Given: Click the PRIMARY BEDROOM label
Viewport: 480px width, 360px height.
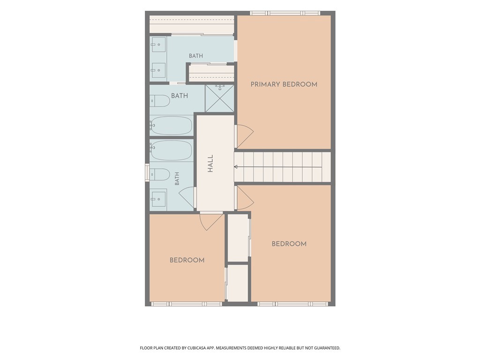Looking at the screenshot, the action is (284, 84).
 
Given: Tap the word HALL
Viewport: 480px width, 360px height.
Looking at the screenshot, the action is (210, 164).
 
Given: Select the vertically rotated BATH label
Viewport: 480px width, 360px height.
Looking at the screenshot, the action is (177, 179).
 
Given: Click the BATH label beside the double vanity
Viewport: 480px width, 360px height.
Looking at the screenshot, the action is (195, 56).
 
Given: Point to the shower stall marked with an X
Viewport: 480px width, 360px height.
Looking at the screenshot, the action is (219, 98).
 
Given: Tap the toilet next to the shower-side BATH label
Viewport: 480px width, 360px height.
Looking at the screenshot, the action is (160, 101).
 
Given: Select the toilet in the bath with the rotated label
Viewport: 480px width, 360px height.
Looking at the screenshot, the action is (160, 174).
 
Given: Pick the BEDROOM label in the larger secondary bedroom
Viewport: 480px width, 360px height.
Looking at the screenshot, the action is (289, 244).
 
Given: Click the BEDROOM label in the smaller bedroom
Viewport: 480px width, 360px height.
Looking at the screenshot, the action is (187, 260).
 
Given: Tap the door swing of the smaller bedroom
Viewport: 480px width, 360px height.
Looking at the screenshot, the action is (211, 221).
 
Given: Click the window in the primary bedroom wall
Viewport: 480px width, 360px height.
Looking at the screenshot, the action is (285, 13).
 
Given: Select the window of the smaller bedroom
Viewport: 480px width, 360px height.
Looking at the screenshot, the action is (187, 304).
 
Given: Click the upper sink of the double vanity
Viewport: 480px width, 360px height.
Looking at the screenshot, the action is (158, 45).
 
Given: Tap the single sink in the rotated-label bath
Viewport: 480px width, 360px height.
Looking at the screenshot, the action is (158, 199).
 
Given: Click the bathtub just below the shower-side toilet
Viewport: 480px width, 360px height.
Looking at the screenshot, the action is (171, 125).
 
